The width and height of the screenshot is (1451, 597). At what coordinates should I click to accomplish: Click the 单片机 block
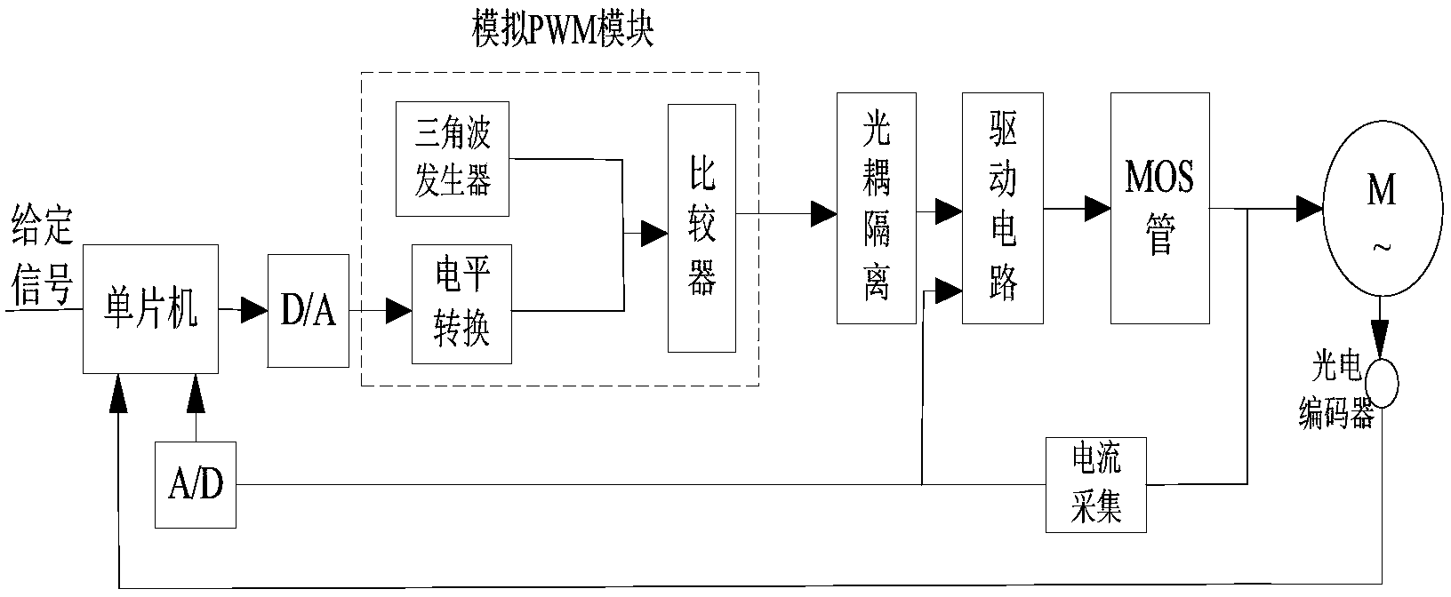point(150,311)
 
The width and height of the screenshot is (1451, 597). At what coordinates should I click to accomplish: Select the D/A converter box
point(309,311)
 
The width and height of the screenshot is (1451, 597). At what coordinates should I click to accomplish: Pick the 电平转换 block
point(461,304)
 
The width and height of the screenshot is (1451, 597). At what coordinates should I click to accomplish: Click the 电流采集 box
point(1095,485)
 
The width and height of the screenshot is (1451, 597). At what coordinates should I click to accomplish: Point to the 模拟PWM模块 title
point(562,32)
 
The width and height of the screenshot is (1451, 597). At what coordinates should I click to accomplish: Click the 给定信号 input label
point(41,262)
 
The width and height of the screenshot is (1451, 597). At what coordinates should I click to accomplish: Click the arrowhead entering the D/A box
point(255,310)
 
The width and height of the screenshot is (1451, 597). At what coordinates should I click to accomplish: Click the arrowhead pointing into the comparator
point(655,235)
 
